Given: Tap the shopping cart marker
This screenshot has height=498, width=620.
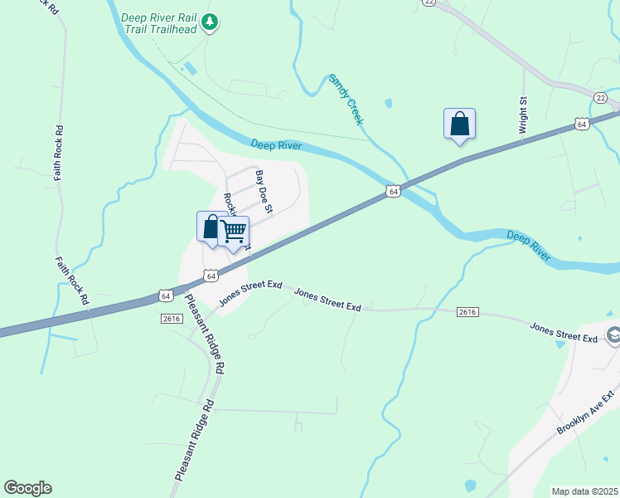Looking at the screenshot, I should (235, 230).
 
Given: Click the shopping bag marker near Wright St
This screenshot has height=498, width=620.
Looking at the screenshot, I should (460, 124).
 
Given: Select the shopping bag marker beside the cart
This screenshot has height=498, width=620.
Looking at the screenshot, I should (211, 227).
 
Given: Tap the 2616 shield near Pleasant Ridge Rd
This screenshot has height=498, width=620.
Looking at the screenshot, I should (172, 318).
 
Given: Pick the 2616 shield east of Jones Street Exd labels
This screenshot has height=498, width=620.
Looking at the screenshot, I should (467, 311).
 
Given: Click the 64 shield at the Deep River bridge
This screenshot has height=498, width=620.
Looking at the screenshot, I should (394, 191).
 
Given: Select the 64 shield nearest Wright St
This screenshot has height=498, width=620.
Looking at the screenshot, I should (582, 124).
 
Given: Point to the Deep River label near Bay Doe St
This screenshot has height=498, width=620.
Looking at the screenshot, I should (277, 146).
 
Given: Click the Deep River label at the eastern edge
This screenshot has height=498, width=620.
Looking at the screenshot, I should (529, 247).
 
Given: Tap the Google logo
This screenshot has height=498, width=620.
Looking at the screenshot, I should (27, 488).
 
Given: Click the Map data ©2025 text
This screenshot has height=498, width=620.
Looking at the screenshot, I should (584, 491).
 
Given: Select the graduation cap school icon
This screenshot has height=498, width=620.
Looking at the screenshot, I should (614, 335).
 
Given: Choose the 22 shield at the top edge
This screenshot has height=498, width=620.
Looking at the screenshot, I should (429, 2).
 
